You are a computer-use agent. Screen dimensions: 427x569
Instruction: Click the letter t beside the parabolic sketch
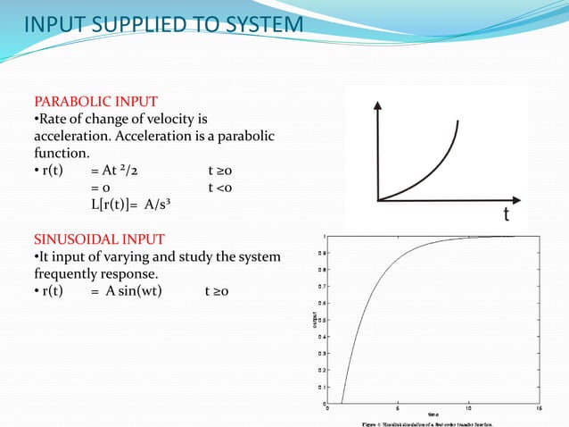click(x=506, y=215)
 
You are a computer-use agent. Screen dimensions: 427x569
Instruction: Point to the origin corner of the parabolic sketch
click(x=378, y=199)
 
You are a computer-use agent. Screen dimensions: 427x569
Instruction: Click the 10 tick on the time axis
click(x=469, y=408)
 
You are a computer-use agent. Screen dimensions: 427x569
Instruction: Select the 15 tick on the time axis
click(x=540, y=408)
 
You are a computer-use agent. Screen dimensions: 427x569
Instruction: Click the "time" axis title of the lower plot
click(x=433, y=414)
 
